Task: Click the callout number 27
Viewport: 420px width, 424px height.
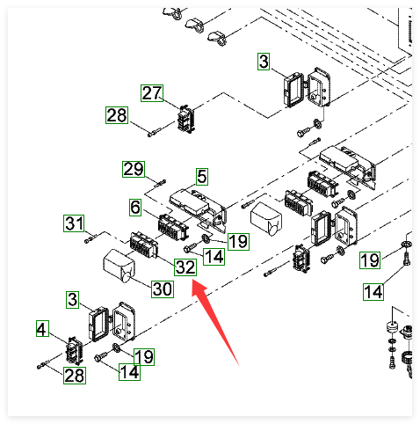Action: pyautogui.click(x=152, y=93)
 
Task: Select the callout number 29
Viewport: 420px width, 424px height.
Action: pyautogui.click(x=134, y=169)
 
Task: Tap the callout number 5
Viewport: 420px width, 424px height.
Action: pyautogui.click(x=202, y=177)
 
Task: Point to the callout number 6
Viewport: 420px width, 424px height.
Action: pyautogui.click(x=135, y=208)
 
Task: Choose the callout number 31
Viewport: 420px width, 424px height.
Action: pyautogui.click(x=74, y=223)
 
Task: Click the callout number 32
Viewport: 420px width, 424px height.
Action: pyautogui.click(x=185, y=267)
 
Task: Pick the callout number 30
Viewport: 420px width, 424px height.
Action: pyautogui.click(x=163, y=289)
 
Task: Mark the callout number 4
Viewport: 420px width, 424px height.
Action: pyautogui.click(x=42, y=328)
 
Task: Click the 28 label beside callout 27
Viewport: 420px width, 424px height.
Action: pyautogui.click(x=117, y=115)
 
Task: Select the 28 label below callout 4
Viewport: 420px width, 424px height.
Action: pyautogui.click(x=75, y=376)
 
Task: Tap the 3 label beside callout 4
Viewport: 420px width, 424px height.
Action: pyautogui.click(x=72, y=300)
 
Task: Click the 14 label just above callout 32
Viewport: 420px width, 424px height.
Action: pyautogui.click(x=214, y=257)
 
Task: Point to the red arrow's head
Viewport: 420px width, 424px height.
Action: pyautogui.click(x=199, y=289)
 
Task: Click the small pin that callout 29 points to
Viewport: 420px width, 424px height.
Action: pyautogui.click(x=160, y=183)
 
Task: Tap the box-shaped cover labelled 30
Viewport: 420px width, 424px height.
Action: pyautogui.click(x=119, y=267)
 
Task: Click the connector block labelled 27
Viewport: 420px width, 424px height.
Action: pyautogui.click(x=186, y=119)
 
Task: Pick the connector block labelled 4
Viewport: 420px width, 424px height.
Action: pyautogui.click(x=74, y=351)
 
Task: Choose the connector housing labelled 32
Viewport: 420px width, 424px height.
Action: pyautogui.click(x=144, y=245)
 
